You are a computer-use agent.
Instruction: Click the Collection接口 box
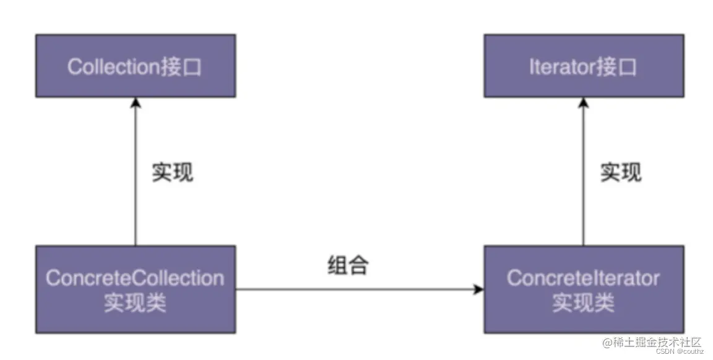[x=135, y=66]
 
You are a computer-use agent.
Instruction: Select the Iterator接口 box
[x=583, y=66]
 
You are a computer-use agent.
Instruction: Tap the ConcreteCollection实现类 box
[x=135, y=289]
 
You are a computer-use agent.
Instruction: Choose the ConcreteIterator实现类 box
[x=583, y=289]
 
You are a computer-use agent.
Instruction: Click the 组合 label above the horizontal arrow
[x=348, y=265]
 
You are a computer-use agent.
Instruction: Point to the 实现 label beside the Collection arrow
[x=173, y=173]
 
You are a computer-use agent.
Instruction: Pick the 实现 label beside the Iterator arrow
[x=621, y=173]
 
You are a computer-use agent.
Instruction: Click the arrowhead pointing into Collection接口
[x=135, y=102]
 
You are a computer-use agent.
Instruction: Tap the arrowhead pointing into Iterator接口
[x=583, y=102]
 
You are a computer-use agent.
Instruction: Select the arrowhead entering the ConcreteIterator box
[x=478, y=289]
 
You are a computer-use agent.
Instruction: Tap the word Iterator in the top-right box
[x=561, y=67]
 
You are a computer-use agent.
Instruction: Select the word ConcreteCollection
[x=135, y=278]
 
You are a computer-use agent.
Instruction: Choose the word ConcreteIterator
[x=583, y=278]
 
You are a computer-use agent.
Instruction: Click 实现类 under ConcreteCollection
[x=135, y=303]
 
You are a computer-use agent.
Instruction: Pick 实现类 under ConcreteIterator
[x=583, y=303]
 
